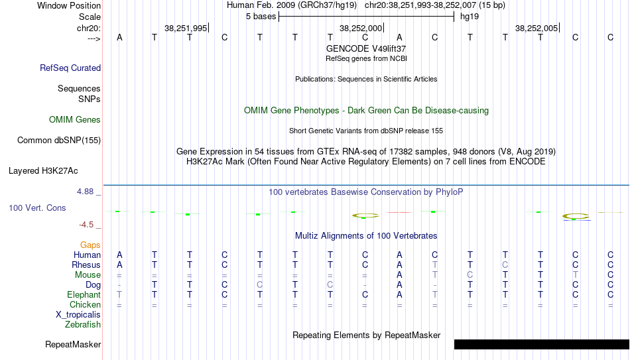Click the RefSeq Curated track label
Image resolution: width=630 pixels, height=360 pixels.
click(70, 68)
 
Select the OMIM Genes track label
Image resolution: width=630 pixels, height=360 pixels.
click(75, 120)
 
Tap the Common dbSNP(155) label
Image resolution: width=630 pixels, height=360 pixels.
click(59, 141)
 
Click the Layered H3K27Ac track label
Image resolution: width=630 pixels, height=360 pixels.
click(43, 171)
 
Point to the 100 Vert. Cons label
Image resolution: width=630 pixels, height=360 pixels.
click(37, 208)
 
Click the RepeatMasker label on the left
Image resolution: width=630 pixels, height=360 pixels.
click(73, 344)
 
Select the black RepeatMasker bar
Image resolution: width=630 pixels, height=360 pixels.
click(542, 344)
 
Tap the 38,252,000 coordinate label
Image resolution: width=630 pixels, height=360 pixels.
click(361, 28)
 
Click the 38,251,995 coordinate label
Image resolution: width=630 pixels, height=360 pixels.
click(186, 28)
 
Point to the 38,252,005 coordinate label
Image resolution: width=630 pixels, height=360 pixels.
click(536, 28)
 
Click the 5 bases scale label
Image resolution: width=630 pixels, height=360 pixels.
click(261, 17)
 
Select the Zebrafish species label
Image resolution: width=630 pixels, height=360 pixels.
click(83, 324)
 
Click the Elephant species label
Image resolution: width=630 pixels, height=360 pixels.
click(84, 294)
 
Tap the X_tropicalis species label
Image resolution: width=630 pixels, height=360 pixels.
click(78, 315)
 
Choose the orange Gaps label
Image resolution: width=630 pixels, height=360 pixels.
click(90, 245)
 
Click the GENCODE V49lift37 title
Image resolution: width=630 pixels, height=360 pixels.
click(366, 48)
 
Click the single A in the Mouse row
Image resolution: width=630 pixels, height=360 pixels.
click(399, 275)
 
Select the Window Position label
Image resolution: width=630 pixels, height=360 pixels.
click(69, 5)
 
